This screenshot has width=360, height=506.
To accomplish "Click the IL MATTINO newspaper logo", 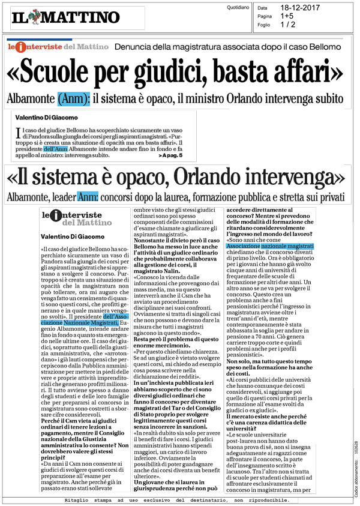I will tap(65, 17).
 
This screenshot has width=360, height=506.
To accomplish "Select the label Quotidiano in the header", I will tap(238, 8).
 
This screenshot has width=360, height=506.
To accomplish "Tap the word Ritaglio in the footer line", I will tap(79, 500).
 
